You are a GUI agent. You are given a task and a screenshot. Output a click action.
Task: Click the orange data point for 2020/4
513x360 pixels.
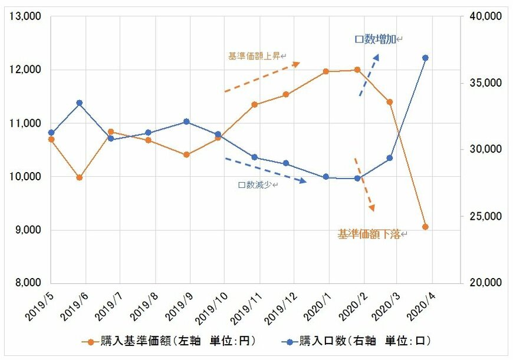click(425, 227)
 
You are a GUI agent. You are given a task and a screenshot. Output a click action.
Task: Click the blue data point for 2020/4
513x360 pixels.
click(425, 58)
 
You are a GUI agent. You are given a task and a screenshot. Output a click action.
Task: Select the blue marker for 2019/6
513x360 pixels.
click(79, 103)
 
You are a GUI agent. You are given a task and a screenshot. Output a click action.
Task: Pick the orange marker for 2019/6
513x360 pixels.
click(79, 177)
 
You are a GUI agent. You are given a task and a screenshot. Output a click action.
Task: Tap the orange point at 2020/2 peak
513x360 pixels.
click(357, 70)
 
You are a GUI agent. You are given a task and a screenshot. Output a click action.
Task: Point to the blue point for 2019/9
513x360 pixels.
click(186, 121)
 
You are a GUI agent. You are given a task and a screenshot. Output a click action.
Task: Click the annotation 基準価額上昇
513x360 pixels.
click(256, 57)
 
